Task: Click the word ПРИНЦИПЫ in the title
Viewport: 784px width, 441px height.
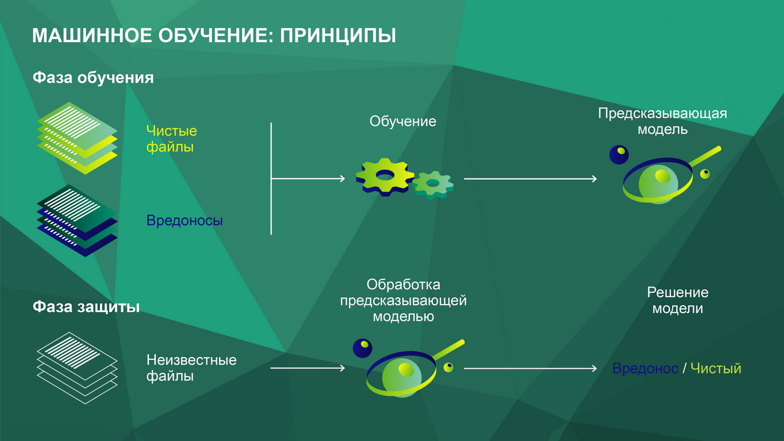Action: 338,36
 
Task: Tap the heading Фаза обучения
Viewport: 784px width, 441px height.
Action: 93,77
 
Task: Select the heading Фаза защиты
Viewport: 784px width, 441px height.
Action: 86,307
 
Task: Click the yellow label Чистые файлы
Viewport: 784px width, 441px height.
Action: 171,139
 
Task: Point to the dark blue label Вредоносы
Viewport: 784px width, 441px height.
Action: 184,220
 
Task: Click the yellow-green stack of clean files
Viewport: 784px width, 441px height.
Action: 77,138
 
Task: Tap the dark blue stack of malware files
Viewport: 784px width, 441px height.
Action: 77,220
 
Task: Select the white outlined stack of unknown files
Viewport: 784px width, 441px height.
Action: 77,368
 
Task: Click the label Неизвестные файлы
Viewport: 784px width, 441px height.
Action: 191,368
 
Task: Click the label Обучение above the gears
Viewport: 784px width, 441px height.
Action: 403,121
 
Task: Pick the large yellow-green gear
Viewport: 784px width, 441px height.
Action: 385,177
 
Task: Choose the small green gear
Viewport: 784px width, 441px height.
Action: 433,184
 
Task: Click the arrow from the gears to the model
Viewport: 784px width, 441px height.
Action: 530,179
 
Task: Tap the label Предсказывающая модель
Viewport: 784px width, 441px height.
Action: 662,121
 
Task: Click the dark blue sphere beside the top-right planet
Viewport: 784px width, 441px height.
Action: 619,155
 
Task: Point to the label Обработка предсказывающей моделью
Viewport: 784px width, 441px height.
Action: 403,300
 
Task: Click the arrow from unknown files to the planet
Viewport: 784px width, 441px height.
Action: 308,368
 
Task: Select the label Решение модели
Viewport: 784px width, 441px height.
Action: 678,300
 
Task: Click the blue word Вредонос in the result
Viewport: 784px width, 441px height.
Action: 645,368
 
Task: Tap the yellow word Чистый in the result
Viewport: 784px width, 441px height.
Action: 716,368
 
